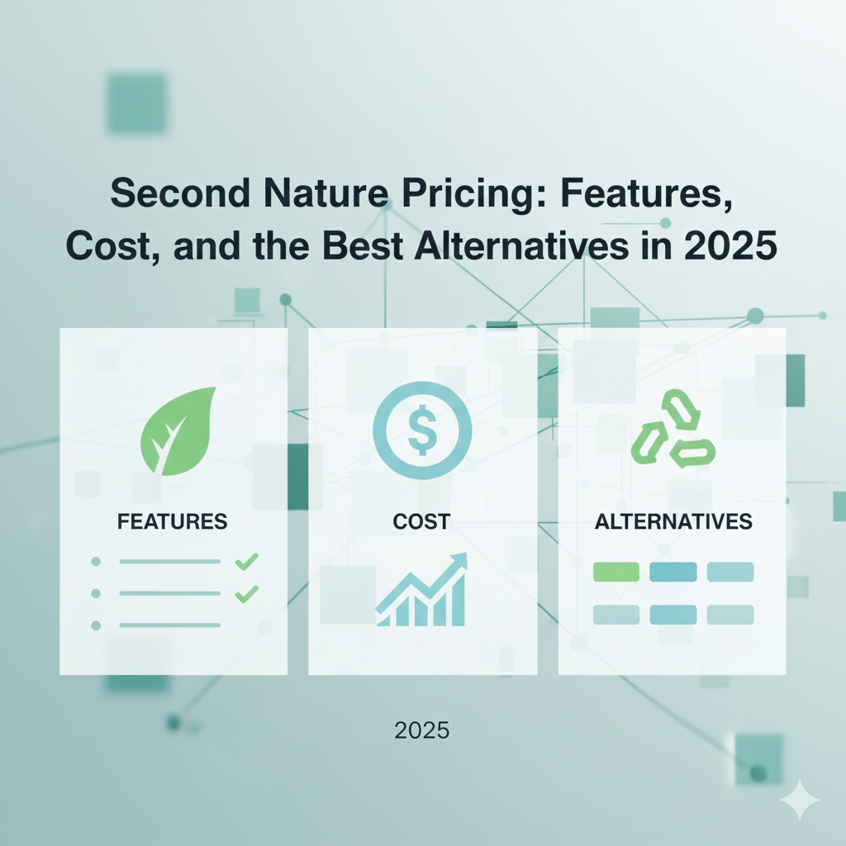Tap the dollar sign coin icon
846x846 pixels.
[x=422, y=430]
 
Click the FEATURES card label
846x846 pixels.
[x=173, y=521]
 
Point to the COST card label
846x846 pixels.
[x=421, y=521]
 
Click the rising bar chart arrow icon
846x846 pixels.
[x=421, y=590]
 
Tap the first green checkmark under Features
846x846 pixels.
[x=246, y=562]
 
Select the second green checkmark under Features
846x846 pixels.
[x=246, y=593]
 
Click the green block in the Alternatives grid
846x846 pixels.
[x=616, y=572]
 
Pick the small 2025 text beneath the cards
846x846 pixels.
[x=421, y=730]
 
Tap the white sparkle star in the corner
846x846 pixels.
[x=799, y=799]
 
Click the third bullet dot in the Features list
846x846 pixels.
[x=95, y=625]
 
